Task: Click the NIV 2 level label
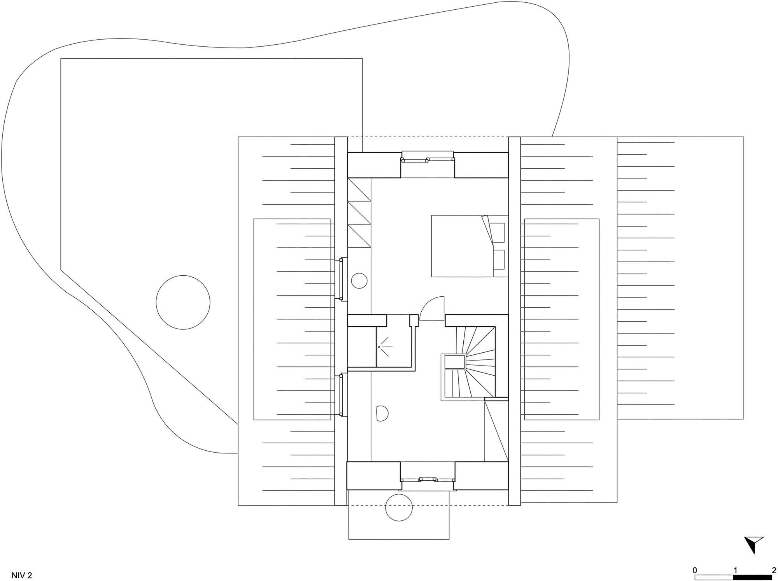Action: coord(22,576)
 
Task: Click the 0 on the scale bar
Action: coord(695,570)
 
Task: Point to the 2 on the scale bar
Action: coord(774,570)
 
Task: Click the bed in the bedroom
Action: coord(470,246)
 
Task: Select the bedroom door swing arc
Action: coord(432,308)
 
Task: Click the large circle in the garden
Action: coord(183,302)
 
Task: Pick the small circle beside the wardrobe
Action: coord(359,280)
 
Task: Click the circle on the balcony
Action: coord(399,507)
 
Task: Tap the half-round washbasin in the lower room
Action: coord(382,413)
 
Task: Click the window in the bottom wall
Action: coord(428,480)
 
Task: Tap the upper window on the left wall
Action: coord(342,279)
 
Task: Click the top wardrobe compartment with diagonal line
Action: coord(359,189)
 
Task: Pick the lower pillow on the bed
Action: coord(498,259)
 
